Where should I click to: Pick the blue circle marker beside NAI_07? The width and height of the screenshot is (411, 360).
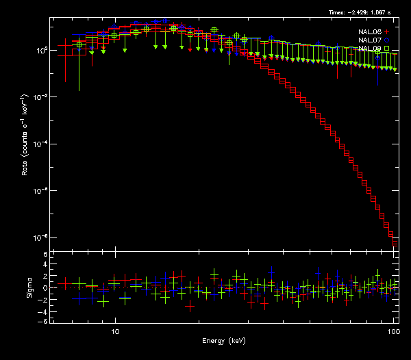click(386, 40)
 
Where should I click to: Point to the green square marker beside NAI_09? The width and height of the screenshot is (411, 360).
click(386, 48)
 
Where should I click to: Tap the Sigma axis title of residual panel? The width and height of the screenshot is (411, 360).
click(29, 287)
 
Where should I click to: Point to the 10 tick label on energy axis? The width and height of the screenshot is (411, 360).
click(115, 331)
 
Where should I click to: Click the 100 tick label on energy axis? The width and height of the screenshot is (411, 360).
click(393, 331)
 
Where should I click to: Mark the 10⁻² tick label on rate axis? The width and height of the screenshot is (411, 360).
click(42, 97)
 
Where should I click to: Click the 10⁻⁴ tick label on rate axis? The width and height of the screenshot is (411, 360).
click(42, 144)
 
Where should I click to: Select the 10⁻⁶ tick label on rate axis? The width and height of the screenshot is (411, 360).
click(42, 190)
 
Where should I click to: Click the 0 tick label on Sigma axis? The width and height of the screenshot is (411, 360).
click(45, 288)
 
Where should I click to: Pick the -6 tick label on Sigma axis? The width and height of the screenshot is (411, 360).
click(43, 321)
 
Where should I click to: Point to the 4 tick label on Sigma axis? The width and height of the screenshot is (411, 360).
click(45, 266)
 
